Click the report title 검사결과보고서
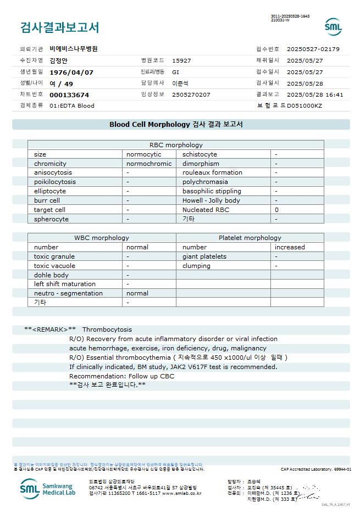click(60, 27)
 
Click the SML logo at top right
click(333, 26)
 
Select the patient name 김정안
click(60, 60)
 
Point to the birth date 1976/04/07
click(71, 72)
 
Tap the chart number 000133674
click(69, 94)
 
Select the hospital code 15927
click(181, 60)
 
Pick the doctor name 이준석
click(180, 83)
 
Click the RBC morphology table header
click(176, 145)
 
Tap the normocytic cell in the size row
click(144, 154)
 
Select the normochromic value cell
click(149, 164)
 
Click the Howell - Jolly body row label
click(211, 200)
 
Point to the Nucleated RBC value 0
click(276, 210)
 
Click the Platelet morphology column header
click(250, 238)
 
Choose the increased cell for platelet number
click(290, 247)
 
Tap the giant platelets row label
click(204, 256)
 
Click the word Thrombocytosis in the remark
click(107, 330)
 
